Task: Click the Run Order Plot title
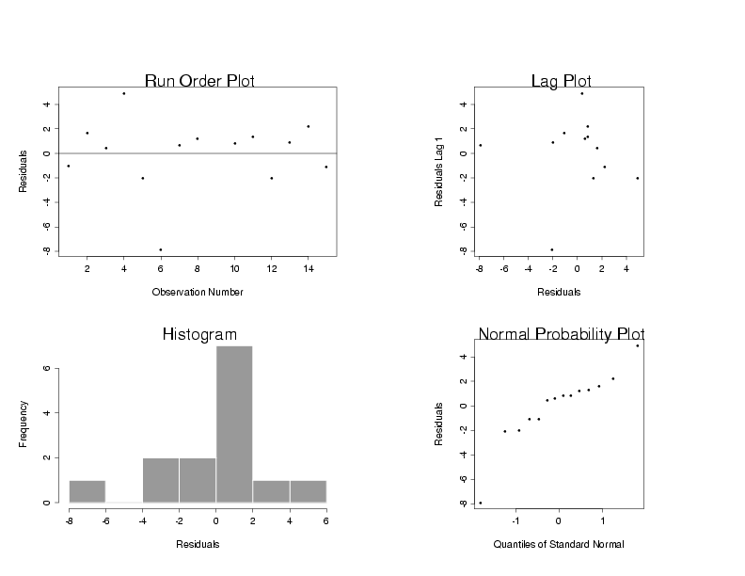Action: tap(199, 81)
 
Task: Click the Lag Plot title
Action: tap(561, 81)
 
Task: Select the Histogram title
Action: tap(199, 334)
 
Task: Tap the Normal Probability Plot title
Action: tap(561, 334)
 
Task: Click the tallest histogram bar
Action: tap(234, 424)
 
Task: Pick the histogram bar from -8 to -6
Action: tap(87, 491)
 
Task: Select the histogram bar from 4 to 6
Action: tap(308, 491)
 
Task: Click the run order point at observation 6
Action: tap(161, 249)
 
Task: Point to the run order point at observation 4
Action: tap(123, 93)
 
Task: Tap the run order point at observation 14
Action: tap(308, 126)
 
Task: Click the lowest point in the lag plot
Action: tap(551, 249)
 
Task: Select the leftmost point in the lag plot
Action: tap(480, 145)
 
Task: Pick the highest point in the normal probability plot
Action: tap(637, 345)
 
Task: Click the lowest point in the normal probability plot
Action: tap(480, 503)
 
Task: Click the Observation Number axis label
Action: tap(198, 292)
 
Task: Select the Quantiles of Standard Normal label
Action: tap(559, 544)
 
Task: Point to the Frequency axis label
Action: tap(23, 424)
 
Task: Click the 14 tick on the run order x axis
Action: tap(308, 268)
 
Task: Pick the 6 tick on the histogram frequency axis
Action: tap(46, 368)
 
